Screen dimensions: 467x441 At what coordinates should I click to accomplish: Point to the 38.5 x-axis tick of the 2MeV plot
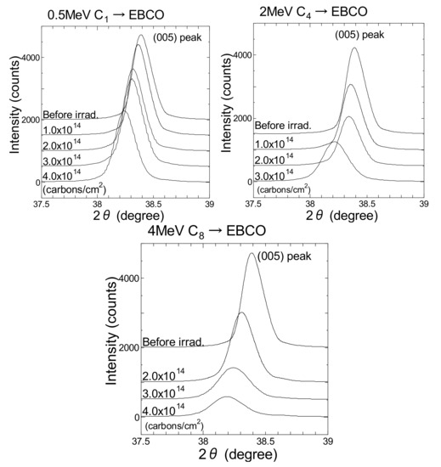pos(367,205)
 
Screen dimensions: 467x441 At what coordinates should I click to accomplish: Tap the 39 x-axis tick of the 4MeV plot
pos(328,442)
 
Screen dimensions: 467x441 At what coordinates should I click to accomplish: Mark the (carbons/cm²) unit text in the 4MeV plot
pos(173,424)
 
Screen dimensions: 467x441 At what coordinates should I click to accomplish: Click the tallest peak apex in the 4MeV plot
pos(251,253)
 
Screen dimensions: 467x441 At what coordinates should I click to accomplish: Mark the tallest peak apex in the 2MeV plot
pos(353,48)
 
